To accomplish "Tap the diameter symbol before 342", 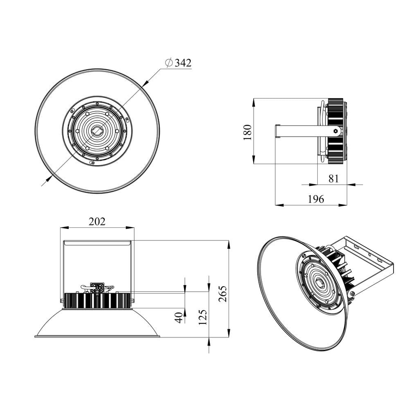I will [x=169, y=63].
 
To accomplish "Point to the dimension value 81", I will [x=334, y=178].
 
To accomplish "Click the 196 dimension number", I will [x=316, y=199].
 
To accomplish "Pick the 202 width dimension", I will [x=97, y=221].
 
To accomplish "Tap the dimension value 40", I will [x=179, y=317].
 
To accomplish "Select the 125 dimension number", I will [x=202, y=317].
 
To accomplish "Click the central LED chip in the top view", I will [x=97, y=131].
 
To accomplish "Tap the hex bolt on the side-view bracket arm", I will [x=336, y=131].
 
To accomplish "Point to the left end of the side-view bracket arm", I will [x=276, y=131].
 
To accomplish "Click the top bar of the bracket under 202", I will [x=97, y=243].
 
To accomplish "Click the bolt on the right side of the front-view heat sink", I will [x=132, y=301].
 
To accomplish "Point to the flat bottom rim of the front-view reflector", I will [x=97, y=337].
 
